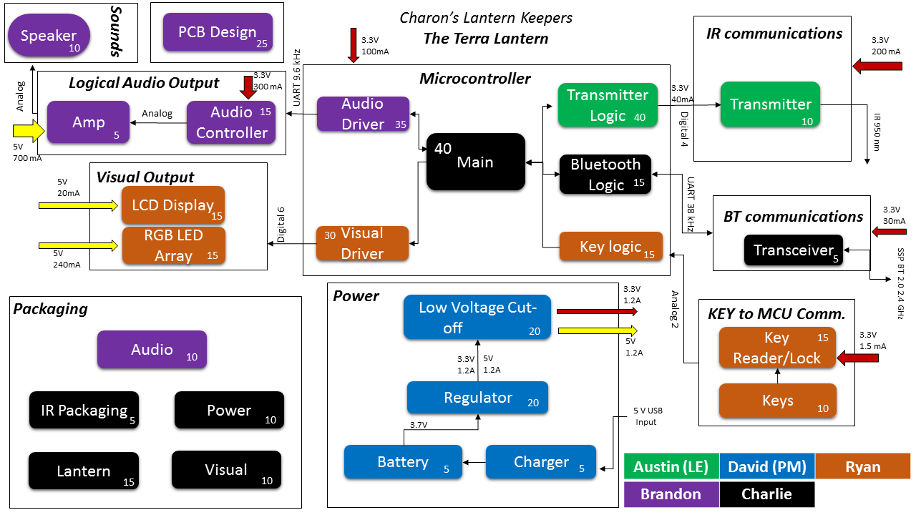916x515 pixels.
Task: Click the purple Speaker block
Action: click(49, 36)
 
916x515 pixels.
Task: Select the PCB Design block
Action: click(218, 33)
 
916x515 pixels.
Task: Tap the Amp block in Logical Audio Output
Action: click(89, 123)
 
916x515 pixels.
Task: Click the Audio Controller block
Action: click(231, 122)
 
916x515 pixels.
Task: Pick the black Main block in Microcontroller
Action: click(475, 162)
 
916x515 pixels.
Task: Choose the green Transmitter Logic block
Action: click(608, 105)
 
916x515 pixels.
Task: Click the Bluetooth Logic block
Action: click(605, 175)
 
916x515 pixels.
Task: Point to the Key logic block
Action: click(610, 247)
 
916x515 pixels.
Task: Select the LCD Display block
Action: click(173, 205)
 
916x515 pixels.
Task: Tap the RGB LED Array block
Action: click(173, 245)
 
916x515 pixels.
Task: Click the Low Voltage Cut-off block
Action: click(477, 317)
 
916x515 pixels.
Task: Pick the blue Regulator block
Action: click(477, 397)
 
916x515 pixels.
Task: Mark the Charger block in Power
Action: click(541, 462)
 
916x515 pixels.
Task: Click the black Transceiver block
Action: click(794, 250)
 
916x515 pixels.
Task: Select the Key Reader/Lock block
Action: click(777, 348)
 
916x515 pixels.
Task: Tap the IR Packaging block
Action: click(84, 411)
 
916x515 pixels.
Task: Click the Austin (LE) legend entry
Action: click(671, 466)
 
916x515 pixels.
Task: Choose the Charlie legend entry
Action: click(767, 494)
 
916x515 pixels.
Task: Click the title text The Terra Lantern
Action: click(486, 39)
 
